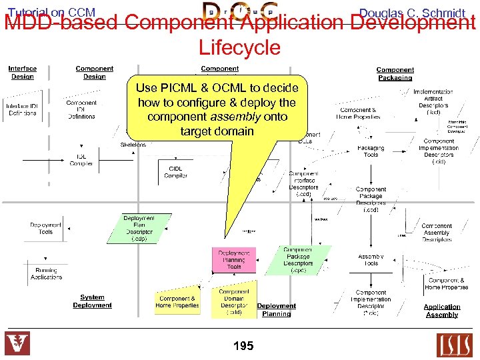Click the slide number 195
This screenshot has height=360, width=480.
point(243,346)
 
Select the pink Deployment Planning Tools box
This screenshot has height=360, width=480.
point(234,259)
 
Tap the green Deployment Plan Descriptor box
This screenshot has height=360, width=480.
point(139,228)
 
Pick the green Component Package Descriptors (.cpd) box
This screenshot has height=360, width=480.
point(298,260)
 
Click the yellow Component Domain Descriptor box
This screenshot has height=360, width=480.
point(234,301)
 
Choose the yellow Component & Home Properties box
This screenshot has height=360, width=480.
point(177,302)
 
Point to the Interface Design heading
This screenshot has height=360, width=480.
point(23,72)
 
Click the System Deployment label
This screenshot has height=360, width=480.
point(92,301)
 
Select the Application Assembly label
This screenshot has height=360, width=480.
point(442,311)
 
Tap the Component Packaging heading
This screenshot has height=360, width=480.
point(395,73)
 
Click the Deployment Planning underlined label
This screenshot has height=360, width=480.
point(277,310)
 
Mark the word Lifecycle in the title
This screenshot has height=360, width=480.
point(239,47)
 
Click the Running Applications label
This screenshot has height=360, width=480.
point(46,273)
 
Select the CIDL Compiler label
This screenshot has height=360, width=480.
point(176,172)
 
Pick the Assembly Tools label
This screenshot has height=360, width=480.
point(371,260)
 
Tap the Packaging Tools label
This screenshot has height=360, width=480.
point(371,151)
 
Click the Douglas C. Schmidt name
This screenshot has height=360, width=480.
point(411,13)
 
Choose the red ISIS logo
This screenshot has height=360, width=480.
point(454,345)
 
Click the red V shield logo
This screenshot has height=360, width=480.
point(17,344)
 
